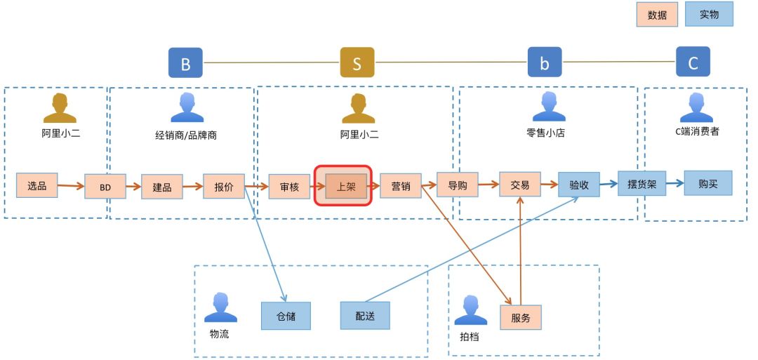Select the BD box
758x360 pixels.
[x=105, y=187]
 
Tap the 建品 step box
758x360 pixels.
[x=162, y=187]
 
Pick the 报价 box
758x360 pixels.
[x=224, y=187]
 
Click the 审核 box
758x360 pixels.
[x=289, y=187]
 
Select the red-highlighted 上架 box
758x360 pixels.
[x=346, y=187]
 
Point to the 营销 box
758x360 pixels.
[x=401, y=186]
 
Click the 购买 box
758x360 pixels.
[x=707, y=183]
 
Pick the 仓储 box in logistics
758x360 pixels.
[x=286, y=316]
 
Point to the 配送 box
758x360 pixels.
[x=365, y=316]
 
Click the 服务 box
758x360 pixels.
[x=521, y=317]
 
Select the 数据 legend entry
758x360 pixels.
[x=657, y=15]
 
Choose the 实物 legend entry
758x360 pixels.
[x=709, y=14]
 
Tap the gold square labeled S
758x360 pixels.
[x=357, y=63]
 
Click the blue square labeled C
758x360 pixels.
[x=693, y=62]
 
